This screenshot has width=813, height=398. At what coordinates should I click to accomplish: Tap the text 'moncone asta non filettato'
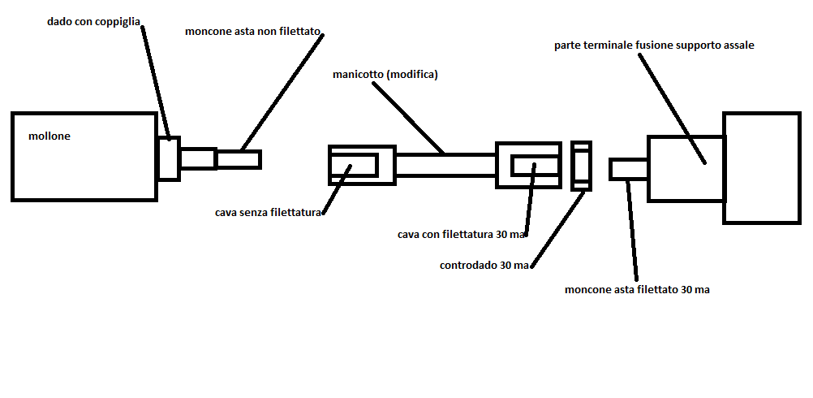click(x=254, y=32)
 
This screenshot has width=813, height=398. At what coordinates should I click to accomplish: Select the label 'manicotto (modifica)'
click(x=385, y=74)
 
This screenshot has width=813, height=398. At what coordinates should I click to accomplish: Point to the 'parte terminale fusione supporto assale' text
click(x=654, y=45)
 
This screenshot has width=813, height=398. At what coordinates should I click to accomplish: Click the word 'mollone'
click(x=49, y=136)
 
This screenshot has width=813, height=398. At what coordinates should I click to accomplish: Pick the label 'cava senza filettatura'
click(x=269, y=213)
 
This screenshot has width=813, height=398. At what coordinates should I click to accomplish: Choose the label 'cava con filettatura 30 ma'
click(x=462, y=234)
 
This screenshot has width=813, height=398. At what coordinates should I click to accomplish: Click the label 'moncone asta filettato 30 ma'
click(x=637, y=289)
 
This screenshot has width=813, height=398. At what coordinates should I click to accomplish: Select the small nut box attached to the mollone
click(x=169, y=158)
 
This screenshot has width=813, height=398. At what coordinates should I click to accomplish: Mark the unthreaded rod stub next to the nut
click(x=239, y=159)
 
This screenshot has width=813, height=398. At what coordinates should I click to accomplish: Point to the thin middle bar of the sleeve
click(x=445, y=165)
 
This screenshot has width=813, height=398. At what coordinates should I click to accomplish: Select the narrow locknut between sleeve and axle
click(x=580, y=166)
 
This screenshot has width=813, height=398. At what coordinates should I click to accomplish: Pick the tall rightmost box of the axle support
click(x=761, y=167)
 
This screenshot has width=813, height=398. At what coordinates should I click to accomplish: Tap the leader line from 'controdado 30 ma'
click(x=560, y=227)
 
